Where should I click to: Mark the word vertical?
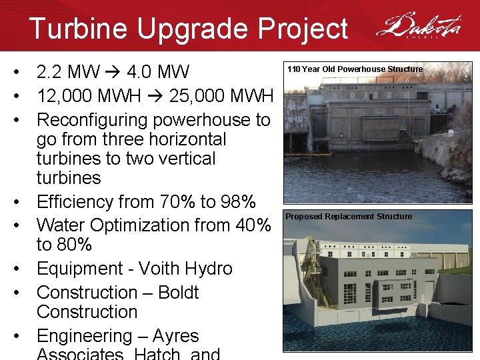pyautogui.click(x=183, y=159)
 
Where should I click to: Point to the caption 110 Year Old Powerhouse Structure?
pyautogui.click(x=355, y=69)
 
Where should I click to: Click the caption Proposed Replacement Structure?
pyautogui.click(x=349, y=217)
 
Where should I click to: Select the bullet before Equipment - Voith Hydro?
pyautogui.click(x=23, y=269)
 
